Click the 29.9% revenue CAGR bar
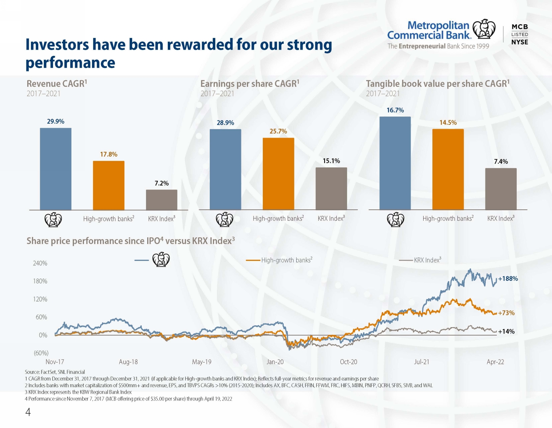pos(56,169)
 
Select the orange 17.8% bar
pos(109,185)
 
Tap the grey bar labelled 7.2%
pos(162,200)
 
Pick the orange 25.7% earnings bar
pos(279,174)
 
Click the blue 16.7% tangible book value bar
pos(395,163)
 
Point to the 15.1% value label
pos(331,161)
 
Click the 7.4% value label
pos(501,162)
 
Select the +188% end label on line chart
pos(508,279)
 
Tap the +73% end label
pos(506,313)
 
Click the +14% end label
pos(506,331)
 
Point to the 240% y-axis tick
pos(40,263)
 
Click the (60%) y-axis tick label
pos(41,353)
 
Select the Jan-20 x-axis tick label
pos(275,362)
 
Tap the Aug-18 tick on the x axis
pos(128,362)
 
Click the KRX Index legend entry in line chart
pos(420,260)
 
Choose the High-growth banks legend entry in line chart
pos(279,260)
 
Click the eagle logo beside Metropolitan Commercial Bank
pos(484,29)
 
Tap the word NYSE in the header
pos(520,42)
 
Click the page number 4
pos(28,412)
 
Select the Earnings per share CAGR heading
pos(250,84)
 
